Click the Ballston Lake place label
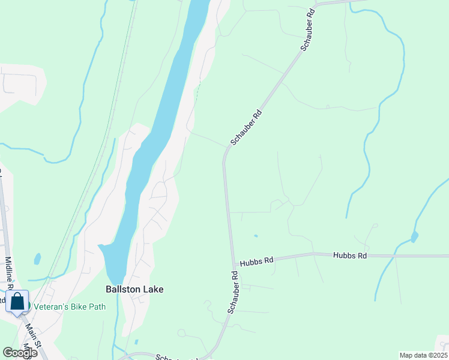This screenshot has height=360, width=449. (134, 289)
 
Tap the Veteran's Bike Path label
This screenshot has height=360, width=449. (70, 307)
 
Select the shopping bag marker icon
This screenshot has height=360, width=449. (17, 301)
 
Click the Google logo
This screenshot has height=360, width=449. (20, 352)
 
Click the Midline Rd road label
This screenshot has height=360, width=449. (10, 277)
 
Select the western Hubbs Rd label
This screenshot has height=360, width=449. (256, 262)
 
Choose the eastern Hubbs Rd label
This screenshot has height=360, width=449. (350, 256)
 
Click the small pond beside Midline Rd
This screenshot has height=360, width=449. (37, 259)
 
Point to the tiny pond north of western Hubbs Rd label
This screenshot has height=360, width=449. (255, 236)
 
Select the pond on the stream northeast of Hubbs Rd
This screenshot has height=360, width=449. (414, 236)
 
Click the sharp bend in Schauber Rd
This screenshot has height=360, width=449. (225, 155)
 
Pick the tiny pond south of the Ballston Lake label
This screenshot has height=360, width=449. (136, 342)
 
